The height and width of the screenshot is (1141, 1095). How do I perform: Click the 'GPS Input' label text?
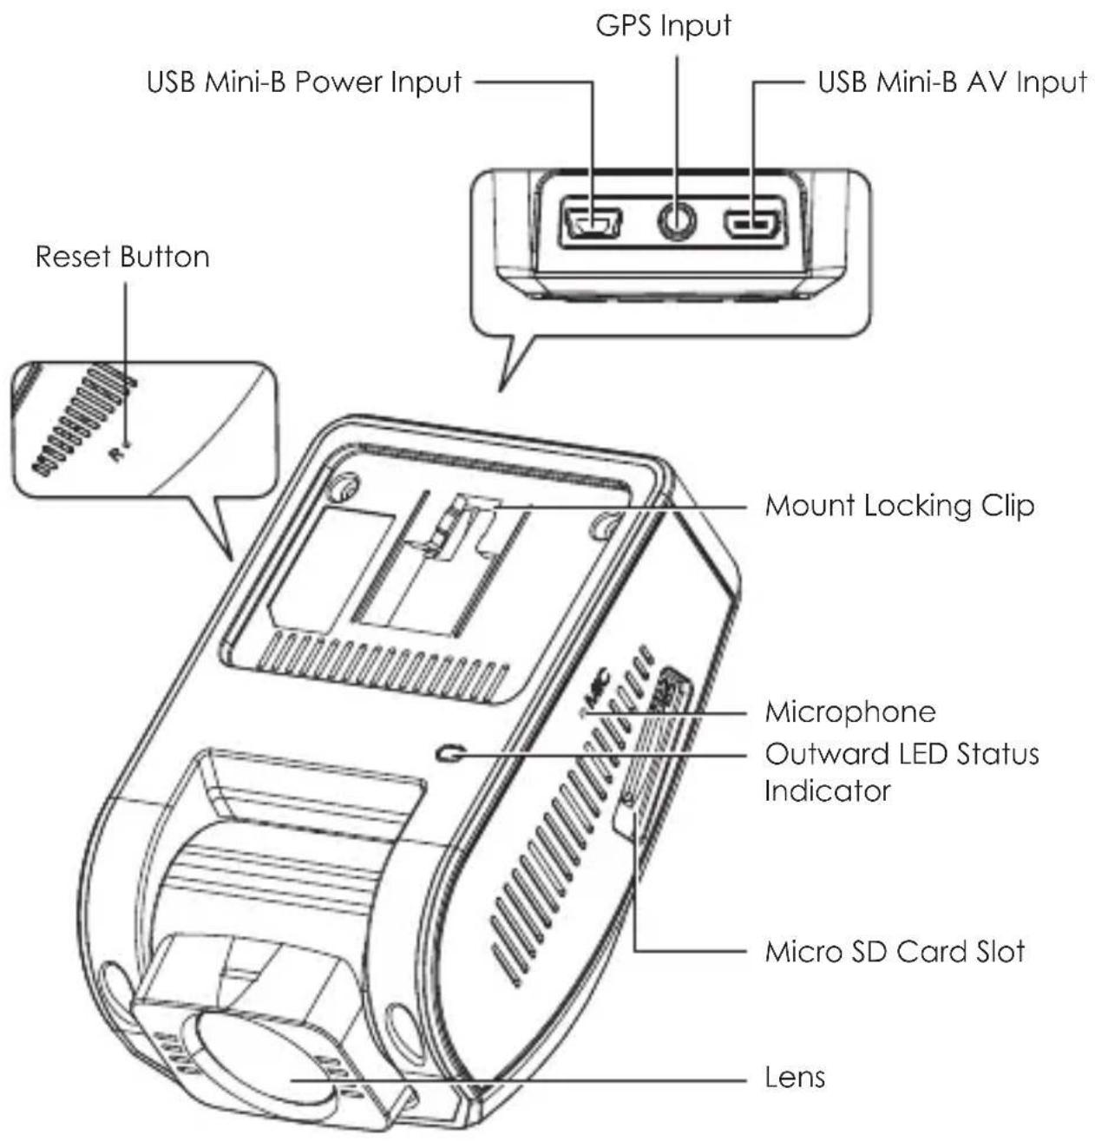pyautogui.click(x=663, y=26)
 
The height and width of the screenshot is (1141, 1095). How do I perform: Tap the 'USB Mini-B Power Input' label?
pyautogui.click(x=305, y=82)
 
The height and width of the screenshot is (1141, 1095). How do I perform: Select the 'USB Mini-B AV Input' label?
pyautogui.click(x=953, y=82)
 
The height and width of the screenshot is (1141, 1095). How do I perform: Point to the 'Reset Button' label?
pyautogui.click(x=122, y=256)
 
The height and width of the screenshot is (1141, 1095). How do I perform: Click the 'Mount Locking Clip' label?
pyautogui.click(x=900, y=505)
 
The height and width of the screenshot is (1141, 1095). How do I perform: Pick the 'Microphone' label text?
pyautogui.click(x=850, y=712)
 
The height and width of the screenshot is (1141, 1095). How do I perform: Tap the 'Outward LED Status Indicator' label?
pyautogui.click(x=902, y=772)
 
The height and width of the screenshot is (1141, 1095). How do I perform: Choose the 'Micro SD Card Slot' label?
pyautogui.click(x=895, y=951)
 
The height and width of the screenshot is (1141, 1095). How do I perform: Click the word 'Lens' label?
pyautogui.click(x=795, y=1077)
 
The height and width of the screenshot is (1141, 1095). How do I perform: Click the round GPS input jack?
pyautogui.click(x=679, y=222)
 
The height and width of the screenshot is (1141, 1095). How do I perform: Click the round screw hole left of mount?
pyautogui.click(x=345, y=486)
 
